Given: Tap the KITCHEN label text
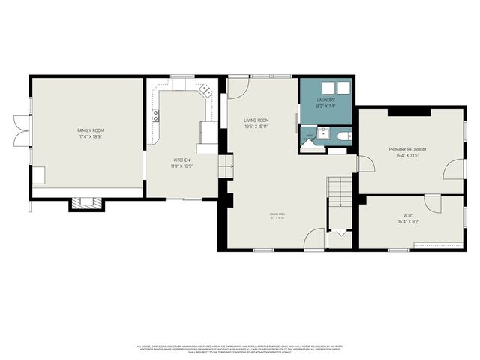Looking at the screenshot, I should [x=181, y=160].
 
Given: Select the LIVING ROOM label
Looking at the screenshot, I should [x=256, y=121].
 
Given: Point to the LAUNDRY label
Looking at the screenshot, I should [x=325, y=100].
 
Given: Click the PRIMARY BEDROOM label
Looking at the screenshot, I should [x=407, y=149].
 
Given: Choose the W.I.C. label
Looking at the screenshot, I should [x=407, y=217].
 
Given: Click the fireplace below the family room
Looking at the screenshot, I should [x=83, y=202].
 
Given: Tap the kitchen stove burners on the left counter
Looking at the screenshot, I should [x=156, y=115].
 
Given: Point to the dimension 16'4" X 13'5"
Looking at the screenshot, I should [x=407, y=156].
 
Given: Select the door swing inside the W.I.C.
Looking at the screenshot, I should [x=433, y=202].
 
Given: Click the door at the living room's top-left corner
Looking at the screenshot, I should [x=239, y=87].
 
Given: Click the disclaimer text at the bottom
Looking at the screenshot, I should [x=239, y=348].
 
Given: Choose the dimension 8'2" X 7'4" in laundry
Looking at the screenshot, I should [x=325, y=106].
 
